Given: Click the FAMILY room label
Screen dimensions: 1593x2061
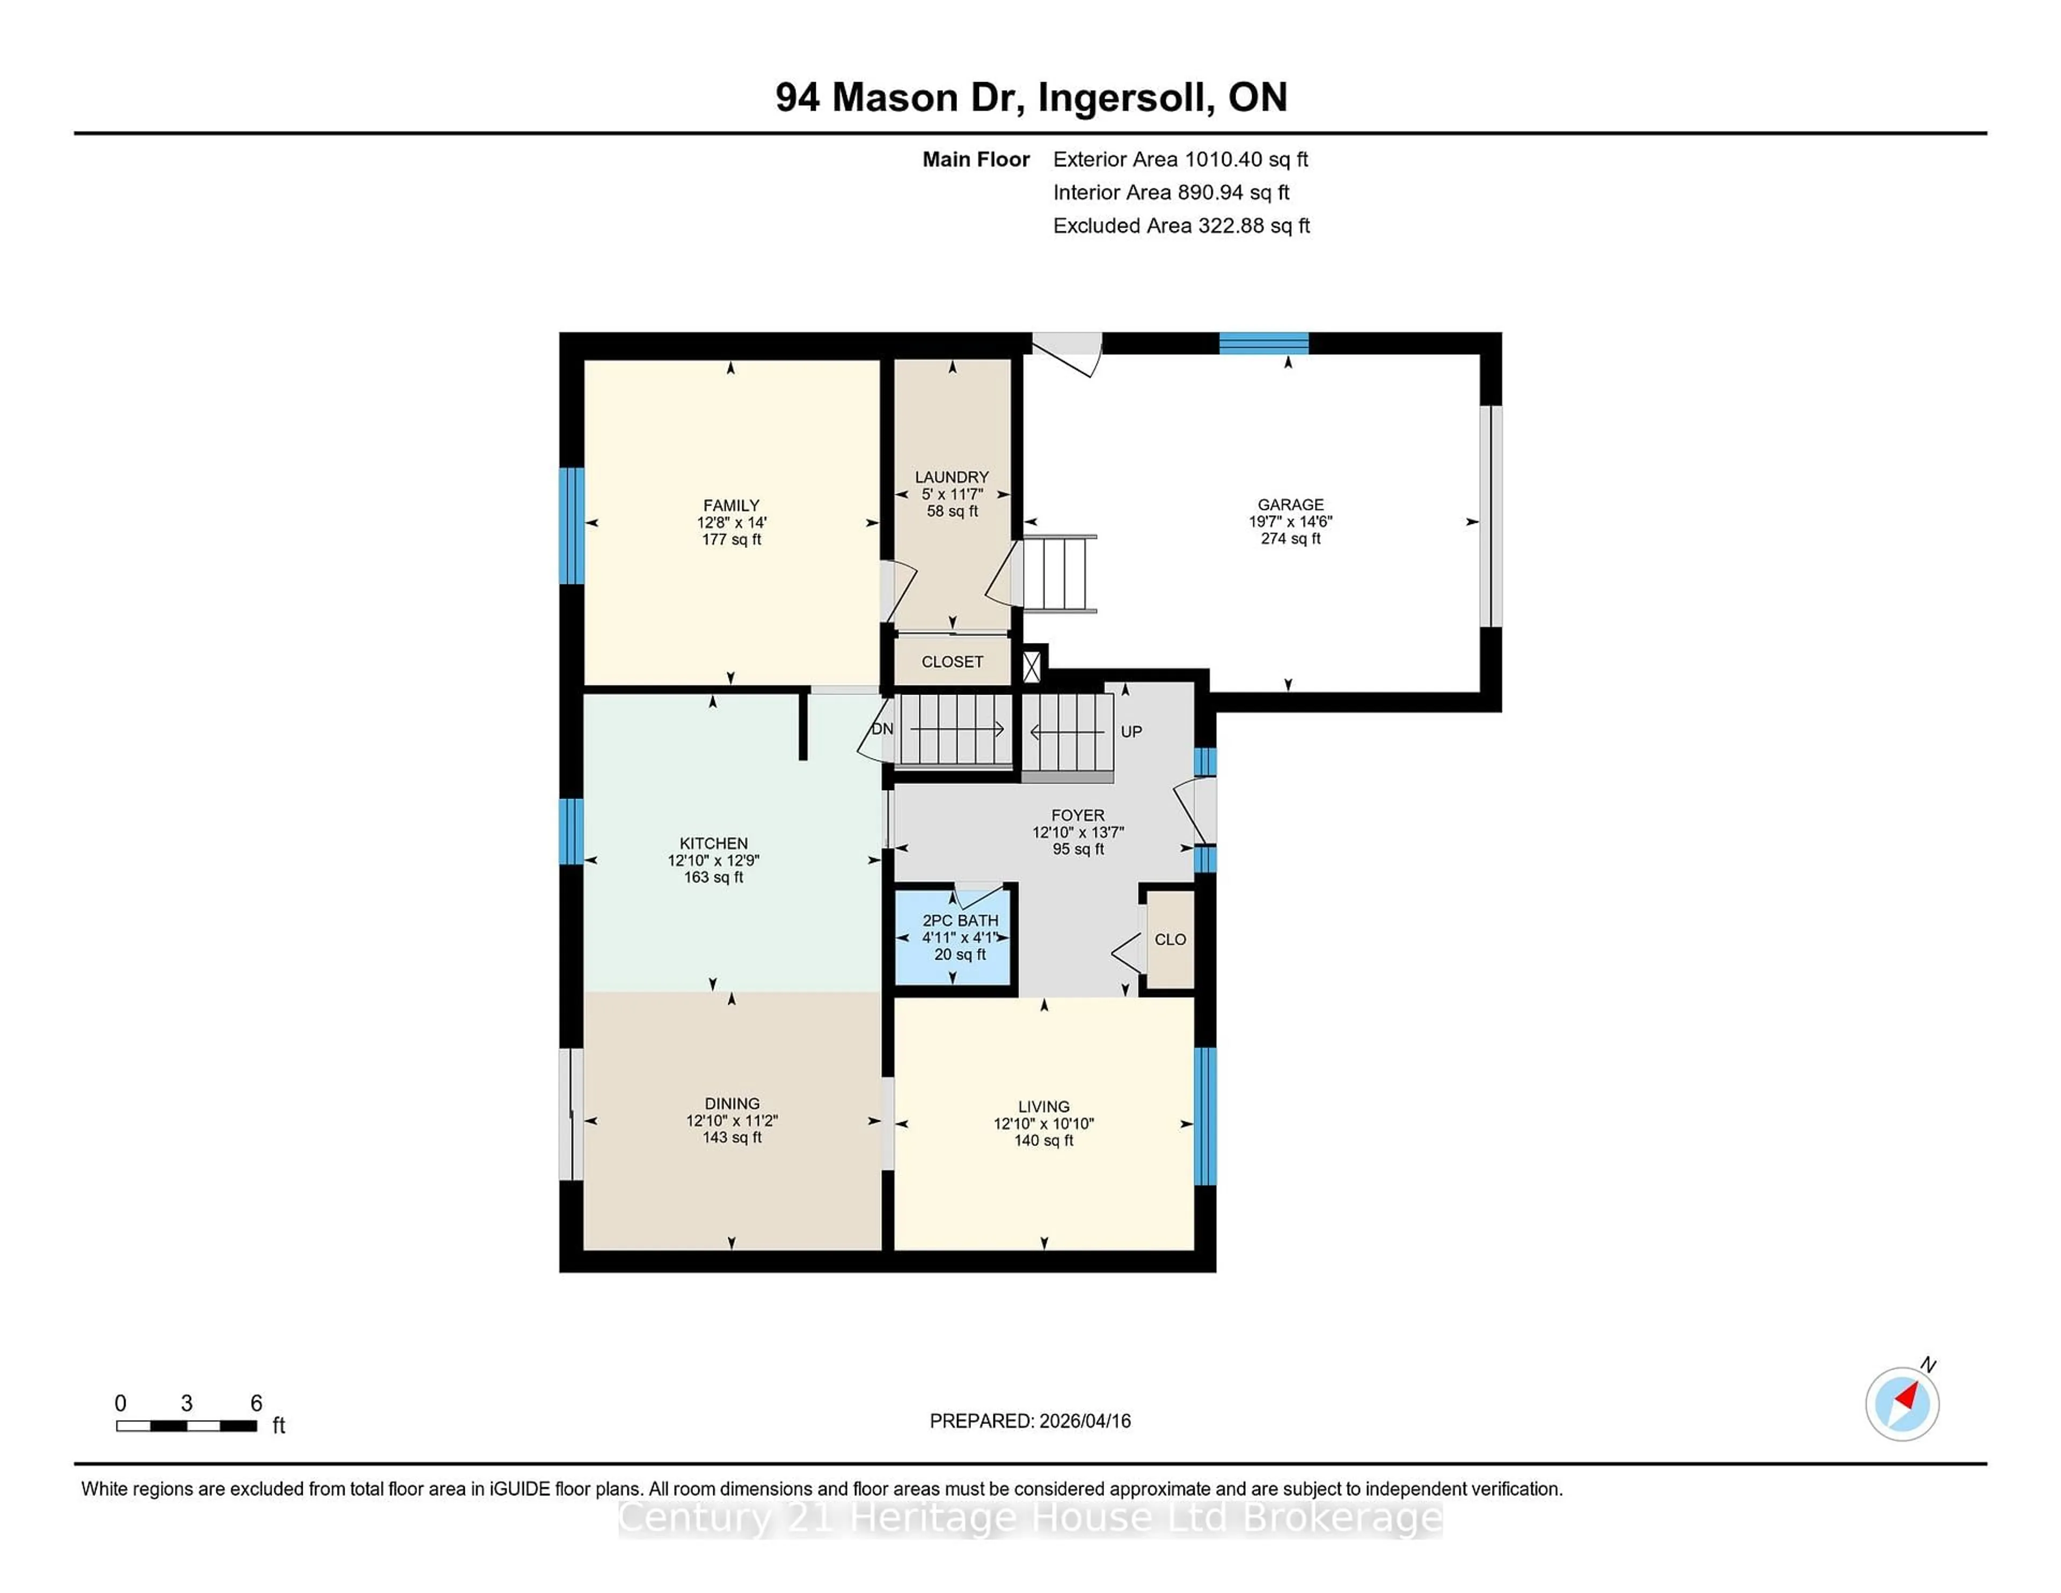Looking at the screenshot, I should (730, 506).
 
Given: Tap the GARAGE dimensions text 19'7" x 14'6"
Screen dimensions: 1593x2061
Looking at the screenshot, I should (1290, 522).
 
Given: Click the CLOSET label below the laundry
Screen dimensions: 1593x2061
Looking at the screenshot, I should (952, 662).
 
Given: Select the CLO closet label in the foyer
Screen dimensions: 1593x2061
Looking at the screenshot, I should (1170, 940).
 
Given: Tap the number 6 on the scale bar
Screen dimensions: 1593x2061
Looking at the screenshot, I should (255, 1404).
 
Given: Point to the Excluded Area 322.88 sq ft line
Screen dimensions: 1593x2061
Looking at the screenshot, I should (1181, 225).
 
